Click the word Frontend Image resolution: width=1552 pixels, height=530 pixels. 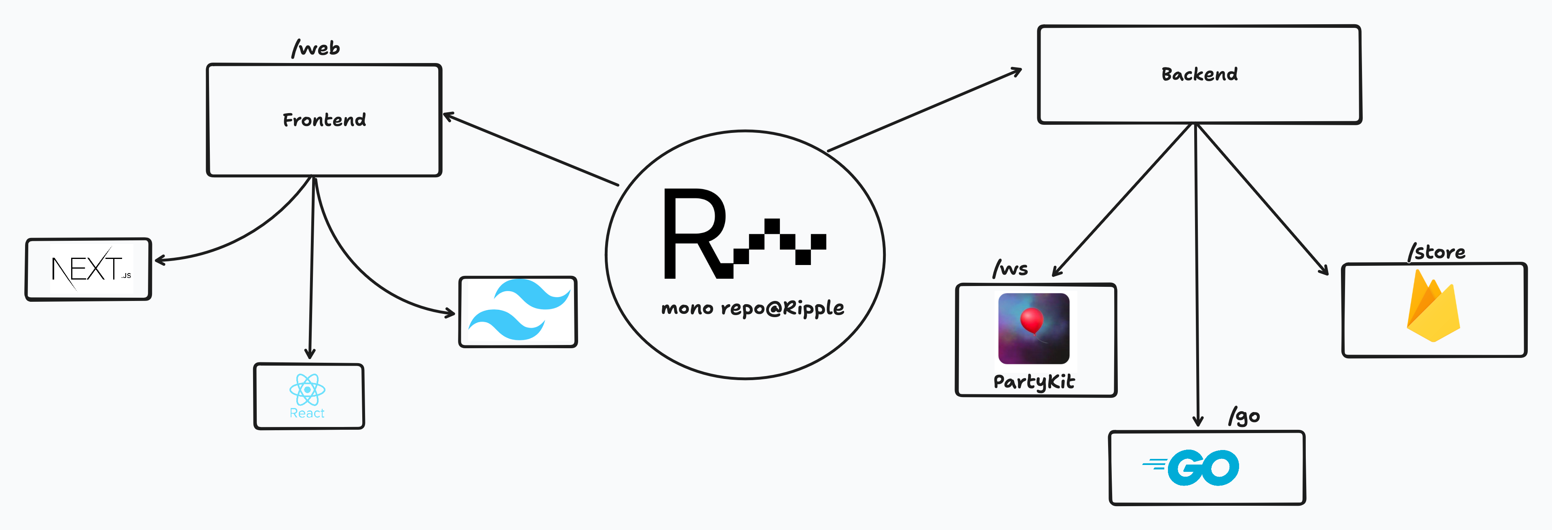point(324,120)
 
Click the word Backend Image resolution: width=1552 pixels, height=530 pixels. point(1199,74)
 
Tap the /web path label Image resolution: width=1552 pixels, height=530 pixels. point(316,48)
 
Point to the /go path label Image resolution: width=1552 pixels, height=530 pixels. point(1244,416)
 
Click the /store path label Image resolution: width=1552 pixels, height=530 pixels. point(1436,252)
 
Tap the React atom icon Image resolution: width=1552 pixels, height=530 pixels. point(307,390)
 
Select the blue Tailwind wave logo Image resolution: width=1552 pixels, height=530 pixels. point(519,309)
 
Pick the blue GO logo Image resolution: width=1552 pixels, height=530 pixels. point(1191,467)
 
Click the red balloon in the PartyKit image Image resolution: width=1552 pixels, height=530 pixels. point(1032,320)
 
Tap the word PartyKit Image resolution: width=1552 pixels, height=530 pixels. point(1034,382)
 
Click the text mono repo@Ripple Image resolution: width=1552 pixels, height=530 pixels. point(752,308)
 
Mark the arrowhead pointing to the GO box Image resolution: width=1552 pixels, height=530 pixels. point(1198,421)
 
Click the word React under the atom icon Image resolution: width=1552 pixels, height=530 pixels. point(307,413)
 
